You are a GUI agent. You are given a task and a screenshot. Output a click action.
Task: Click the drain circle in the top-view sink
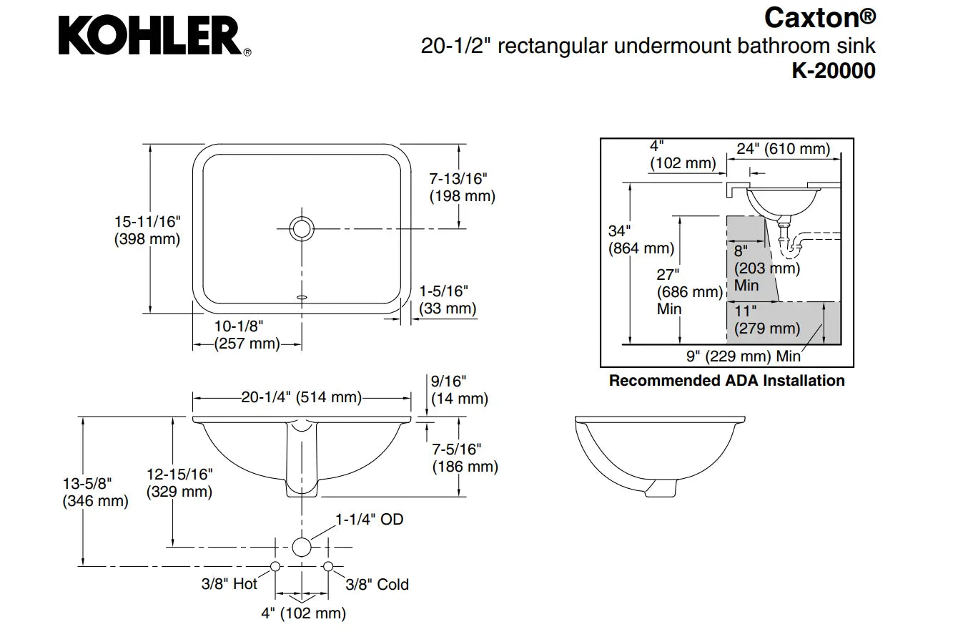[302, 228]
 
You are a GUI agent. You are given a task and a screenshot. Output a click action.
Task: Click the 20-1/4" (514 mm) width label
[300, 397]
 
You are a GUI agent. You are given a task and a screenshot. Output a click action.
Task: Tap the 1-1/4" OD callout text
[370, 520]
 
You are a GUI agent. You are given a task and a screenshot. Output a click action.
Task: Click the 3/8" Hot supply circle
[275, 566]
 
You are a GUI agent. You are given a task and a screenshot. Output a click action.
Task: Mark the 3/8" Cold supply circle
[328, 566]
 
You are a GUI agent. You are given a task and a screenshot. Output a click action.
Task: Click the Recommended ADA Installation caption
[726, 381]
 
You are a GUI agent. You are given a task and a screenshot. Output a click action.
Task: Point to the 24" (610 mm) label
[784, 149]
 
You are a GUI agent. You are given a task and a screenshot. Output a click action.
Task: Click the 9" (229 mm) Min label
[744, 356]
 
